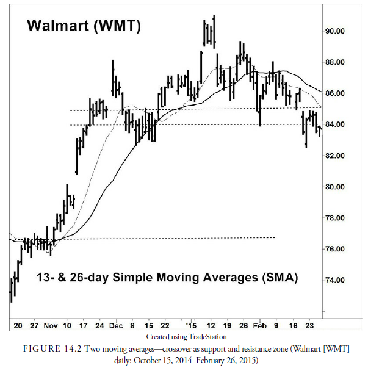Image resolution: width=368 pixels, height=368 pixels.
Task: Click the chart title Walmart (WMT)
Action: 84,26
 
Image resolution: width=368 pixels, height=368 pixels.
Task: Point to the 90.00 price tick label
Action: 336,31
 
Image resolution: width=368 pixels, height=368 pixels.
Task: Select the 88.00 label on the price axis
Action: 336,62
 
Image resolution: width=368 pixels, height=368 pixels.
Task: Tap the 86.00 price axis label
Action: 336,93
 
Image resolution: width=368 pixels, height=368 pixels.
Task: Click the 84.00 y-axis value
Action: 336,124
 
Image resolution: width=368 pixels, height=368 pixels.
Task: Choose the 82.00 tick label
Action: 336,156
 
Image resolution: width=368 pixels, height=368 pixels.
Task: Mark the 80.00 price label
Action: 336,187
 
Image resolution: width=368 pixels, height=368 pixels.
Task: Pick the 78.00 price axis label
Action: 336,218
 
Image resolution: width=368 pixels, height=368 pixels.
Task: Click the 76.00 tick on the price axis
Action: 336,249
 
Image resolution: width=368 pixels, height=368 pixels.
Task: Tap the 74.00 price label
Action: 336,280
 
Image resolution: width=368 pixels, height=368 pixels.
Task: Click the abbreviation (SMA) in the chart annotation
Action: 280,278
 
